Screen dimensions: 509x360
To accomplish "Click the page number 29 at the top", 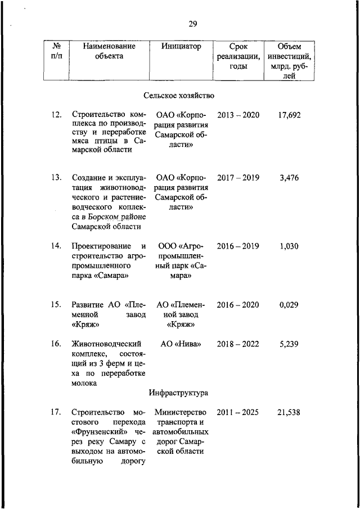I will point(192,24).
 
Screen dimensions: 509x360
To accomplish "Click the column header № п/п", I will point(56,51).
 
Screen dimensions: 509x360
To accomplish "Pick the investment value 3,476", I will point(289,178).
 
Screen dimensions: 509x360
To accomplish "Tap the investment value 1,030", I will point(289,246).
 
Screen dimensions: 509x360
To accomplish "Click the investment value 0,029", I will point(289,305).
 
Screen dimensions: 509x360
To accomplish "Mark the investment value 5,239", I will point(289,343).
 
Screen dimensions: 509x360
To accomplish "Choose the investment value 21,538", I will point(289,412).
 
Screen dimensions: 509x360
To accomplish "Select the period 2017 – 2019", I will point(238,178).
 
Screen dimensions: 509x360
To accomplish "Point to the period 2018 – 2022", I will point(238,343).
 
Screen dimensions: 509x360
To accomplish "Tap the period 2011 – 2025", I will point(238,412).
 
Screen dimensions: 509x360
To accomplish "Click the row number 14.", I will point(56,246).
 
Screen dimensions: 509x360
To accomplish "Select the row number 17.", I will point(56,412).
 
